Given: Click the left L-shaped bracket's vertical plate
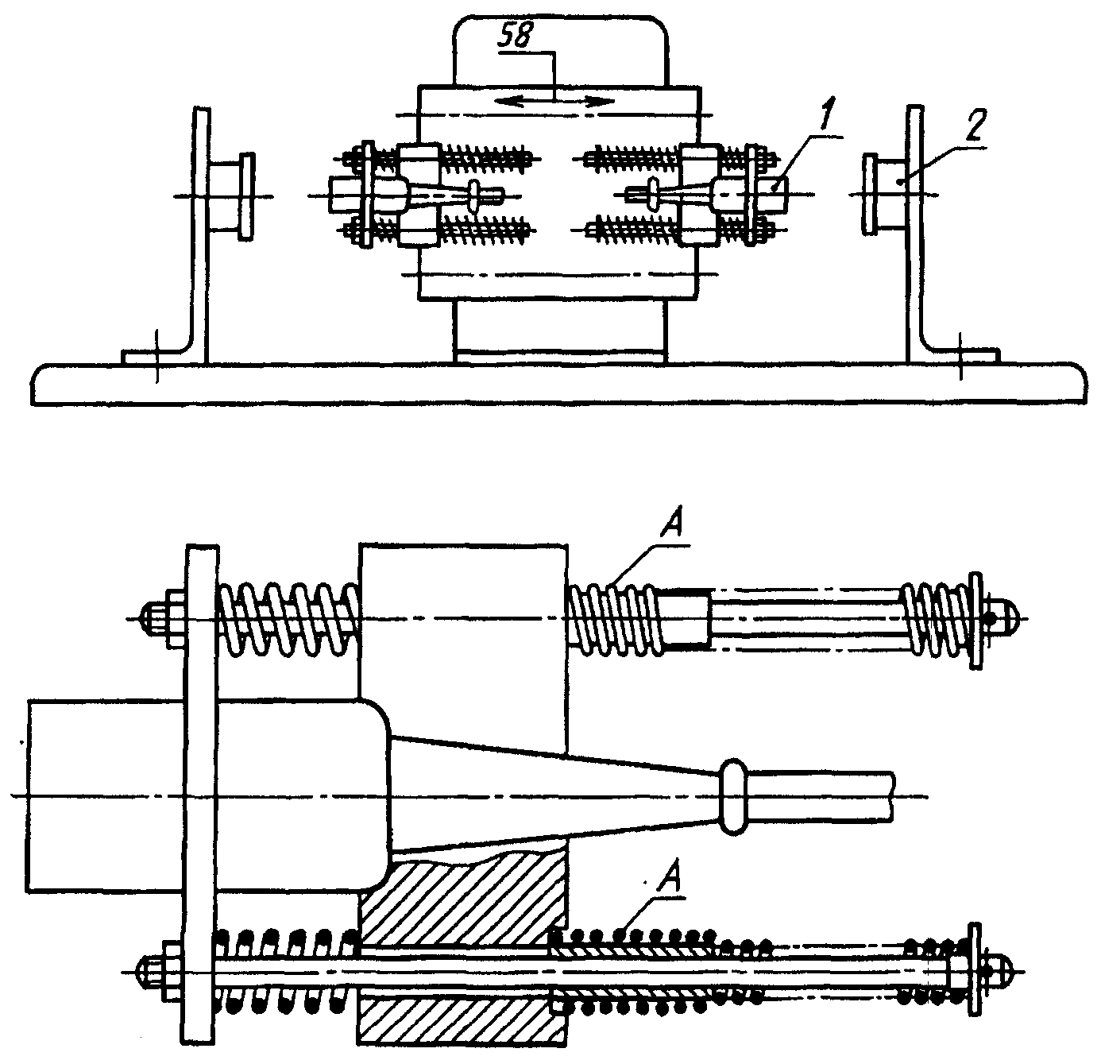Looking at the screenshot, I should pyautogui.click(x=201, y=230).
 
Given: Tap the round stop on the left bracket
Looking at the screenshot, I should pyautogui.click(x=245, y=195).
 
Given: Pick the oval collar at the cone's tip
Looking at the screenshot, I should pyautogui.click(x=734, y=797).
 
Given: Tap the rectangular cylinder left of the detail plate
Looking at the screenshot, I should pyautogui.click(x=103, y=795).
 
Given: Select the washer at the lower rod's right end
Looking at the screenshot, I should pyautogui.click(x=972, y=969).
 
